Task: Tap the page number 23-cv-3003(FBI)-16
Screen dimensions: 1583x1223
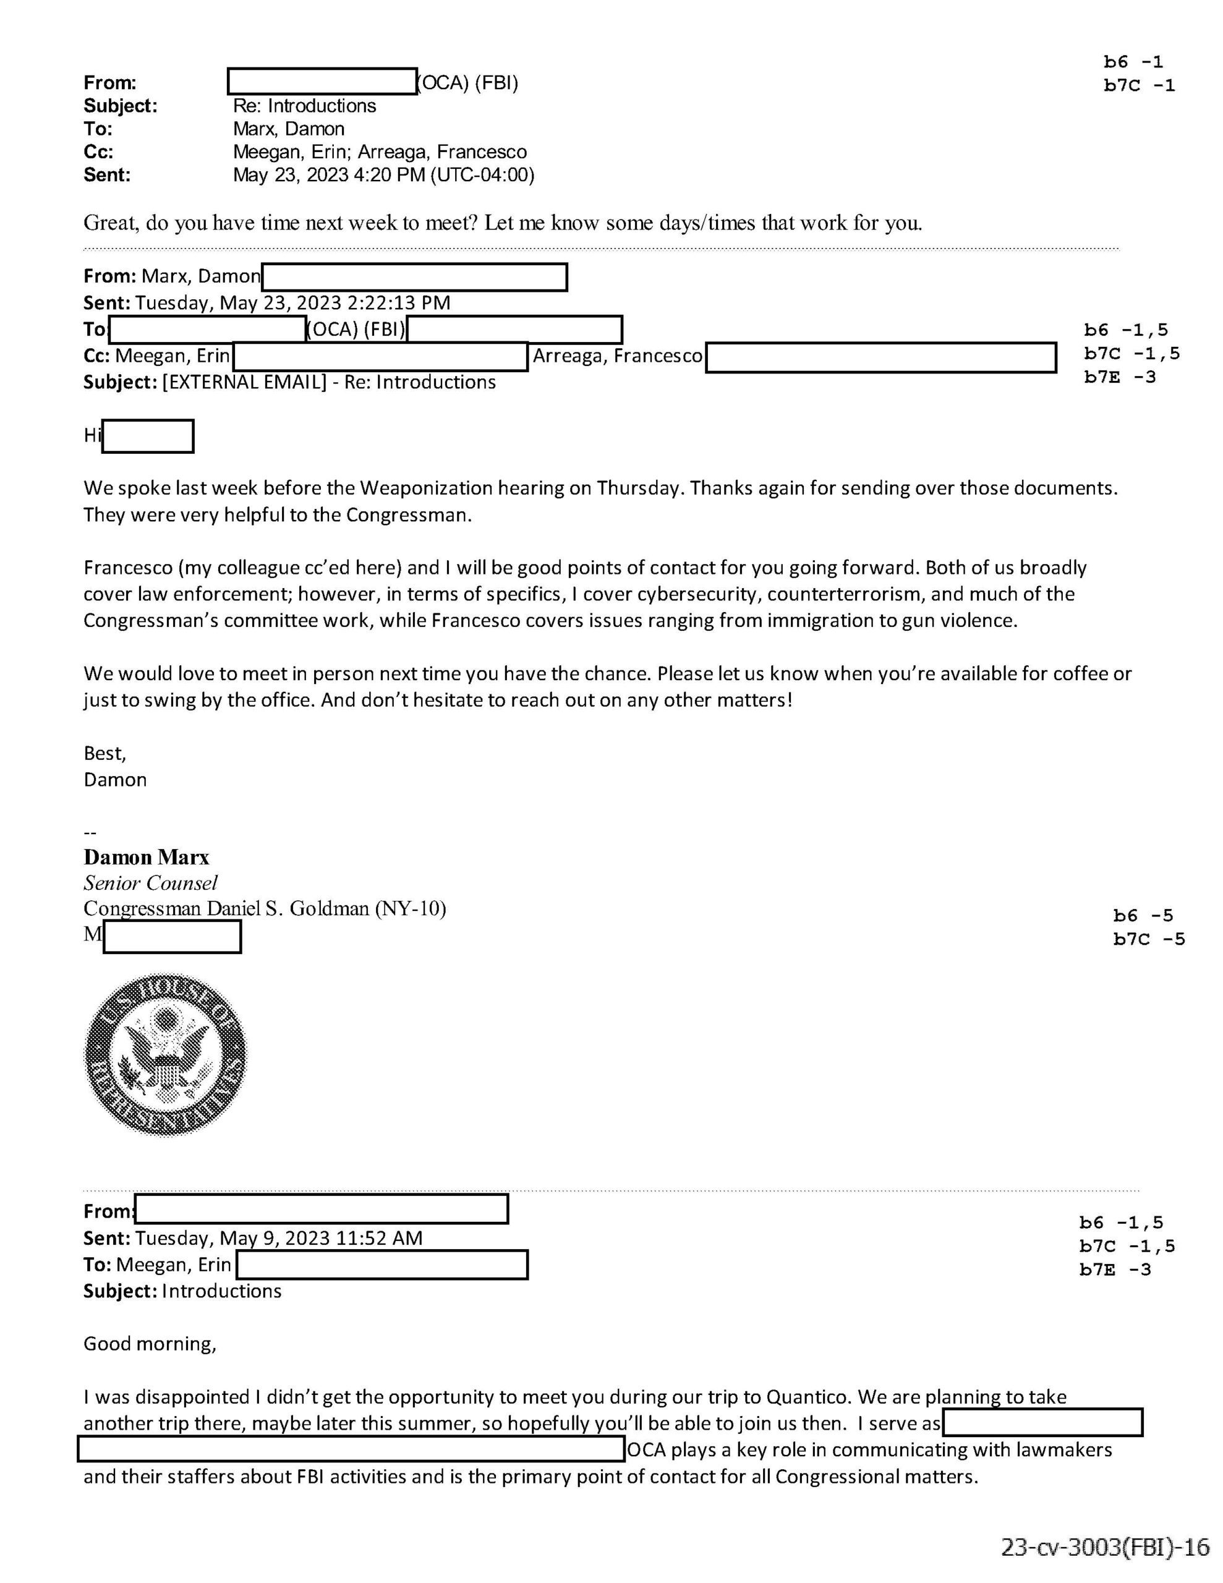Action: (1105, 1545)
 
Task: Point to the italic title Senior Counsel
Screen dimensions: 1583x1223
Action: (150, 883)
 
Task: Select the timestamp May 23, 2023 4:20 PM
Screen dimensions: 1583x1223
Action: (329, 174)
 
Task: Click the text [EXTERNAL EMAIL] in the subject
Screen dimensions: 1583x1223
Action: (244, 382)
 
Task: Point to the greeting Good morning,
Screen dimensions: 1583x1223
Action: (150, 1343)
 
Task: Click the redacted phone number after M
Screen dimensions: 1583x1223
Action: (172, 936)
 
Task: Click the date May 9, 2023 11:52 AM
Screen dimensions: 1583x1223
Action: (278, 1237)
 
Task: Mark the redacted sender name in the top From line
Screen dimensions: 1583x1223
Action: (322, 82)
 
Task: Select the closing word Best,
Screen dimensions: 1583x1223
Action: (105, 753)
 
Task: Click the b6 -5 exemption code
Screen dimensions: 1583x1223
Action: (1143, 915)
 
